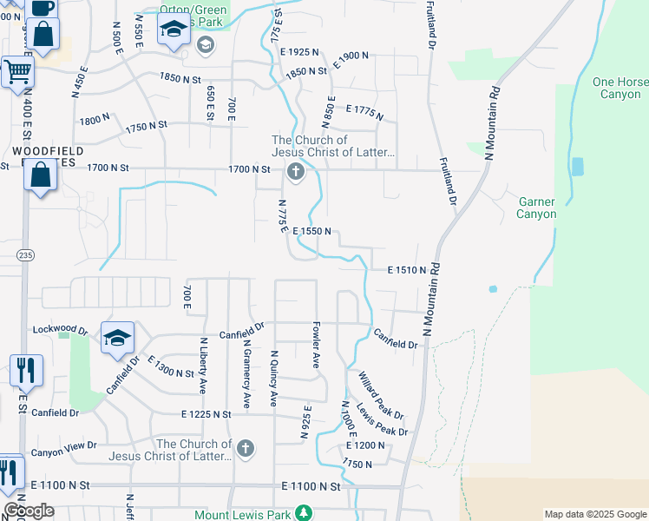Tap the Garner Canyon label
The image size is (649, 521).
(x=536, y=208)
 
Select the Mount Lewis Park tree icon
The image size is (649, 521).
(x=303, y=514)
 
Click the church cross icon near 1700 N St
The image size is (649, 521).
(x=295, y=171)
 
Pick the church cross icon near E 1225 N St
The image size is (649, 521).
(x=246, y=448)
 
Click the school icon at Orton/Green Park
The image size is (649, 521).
(x=174, y=30)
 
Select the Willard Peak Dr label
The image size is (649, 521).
(x=381, y=394)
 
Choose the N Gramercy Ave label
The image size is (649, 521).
(x=246, y=374)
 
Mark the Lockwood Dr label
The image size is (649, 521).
(x=60, y=330)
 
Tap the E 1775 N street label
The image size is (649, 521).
(x=364, y=113)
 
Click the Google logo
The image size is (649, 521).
(x=29, y=511)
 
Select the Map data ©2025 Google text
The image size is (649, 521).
(x=594, y=514)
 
